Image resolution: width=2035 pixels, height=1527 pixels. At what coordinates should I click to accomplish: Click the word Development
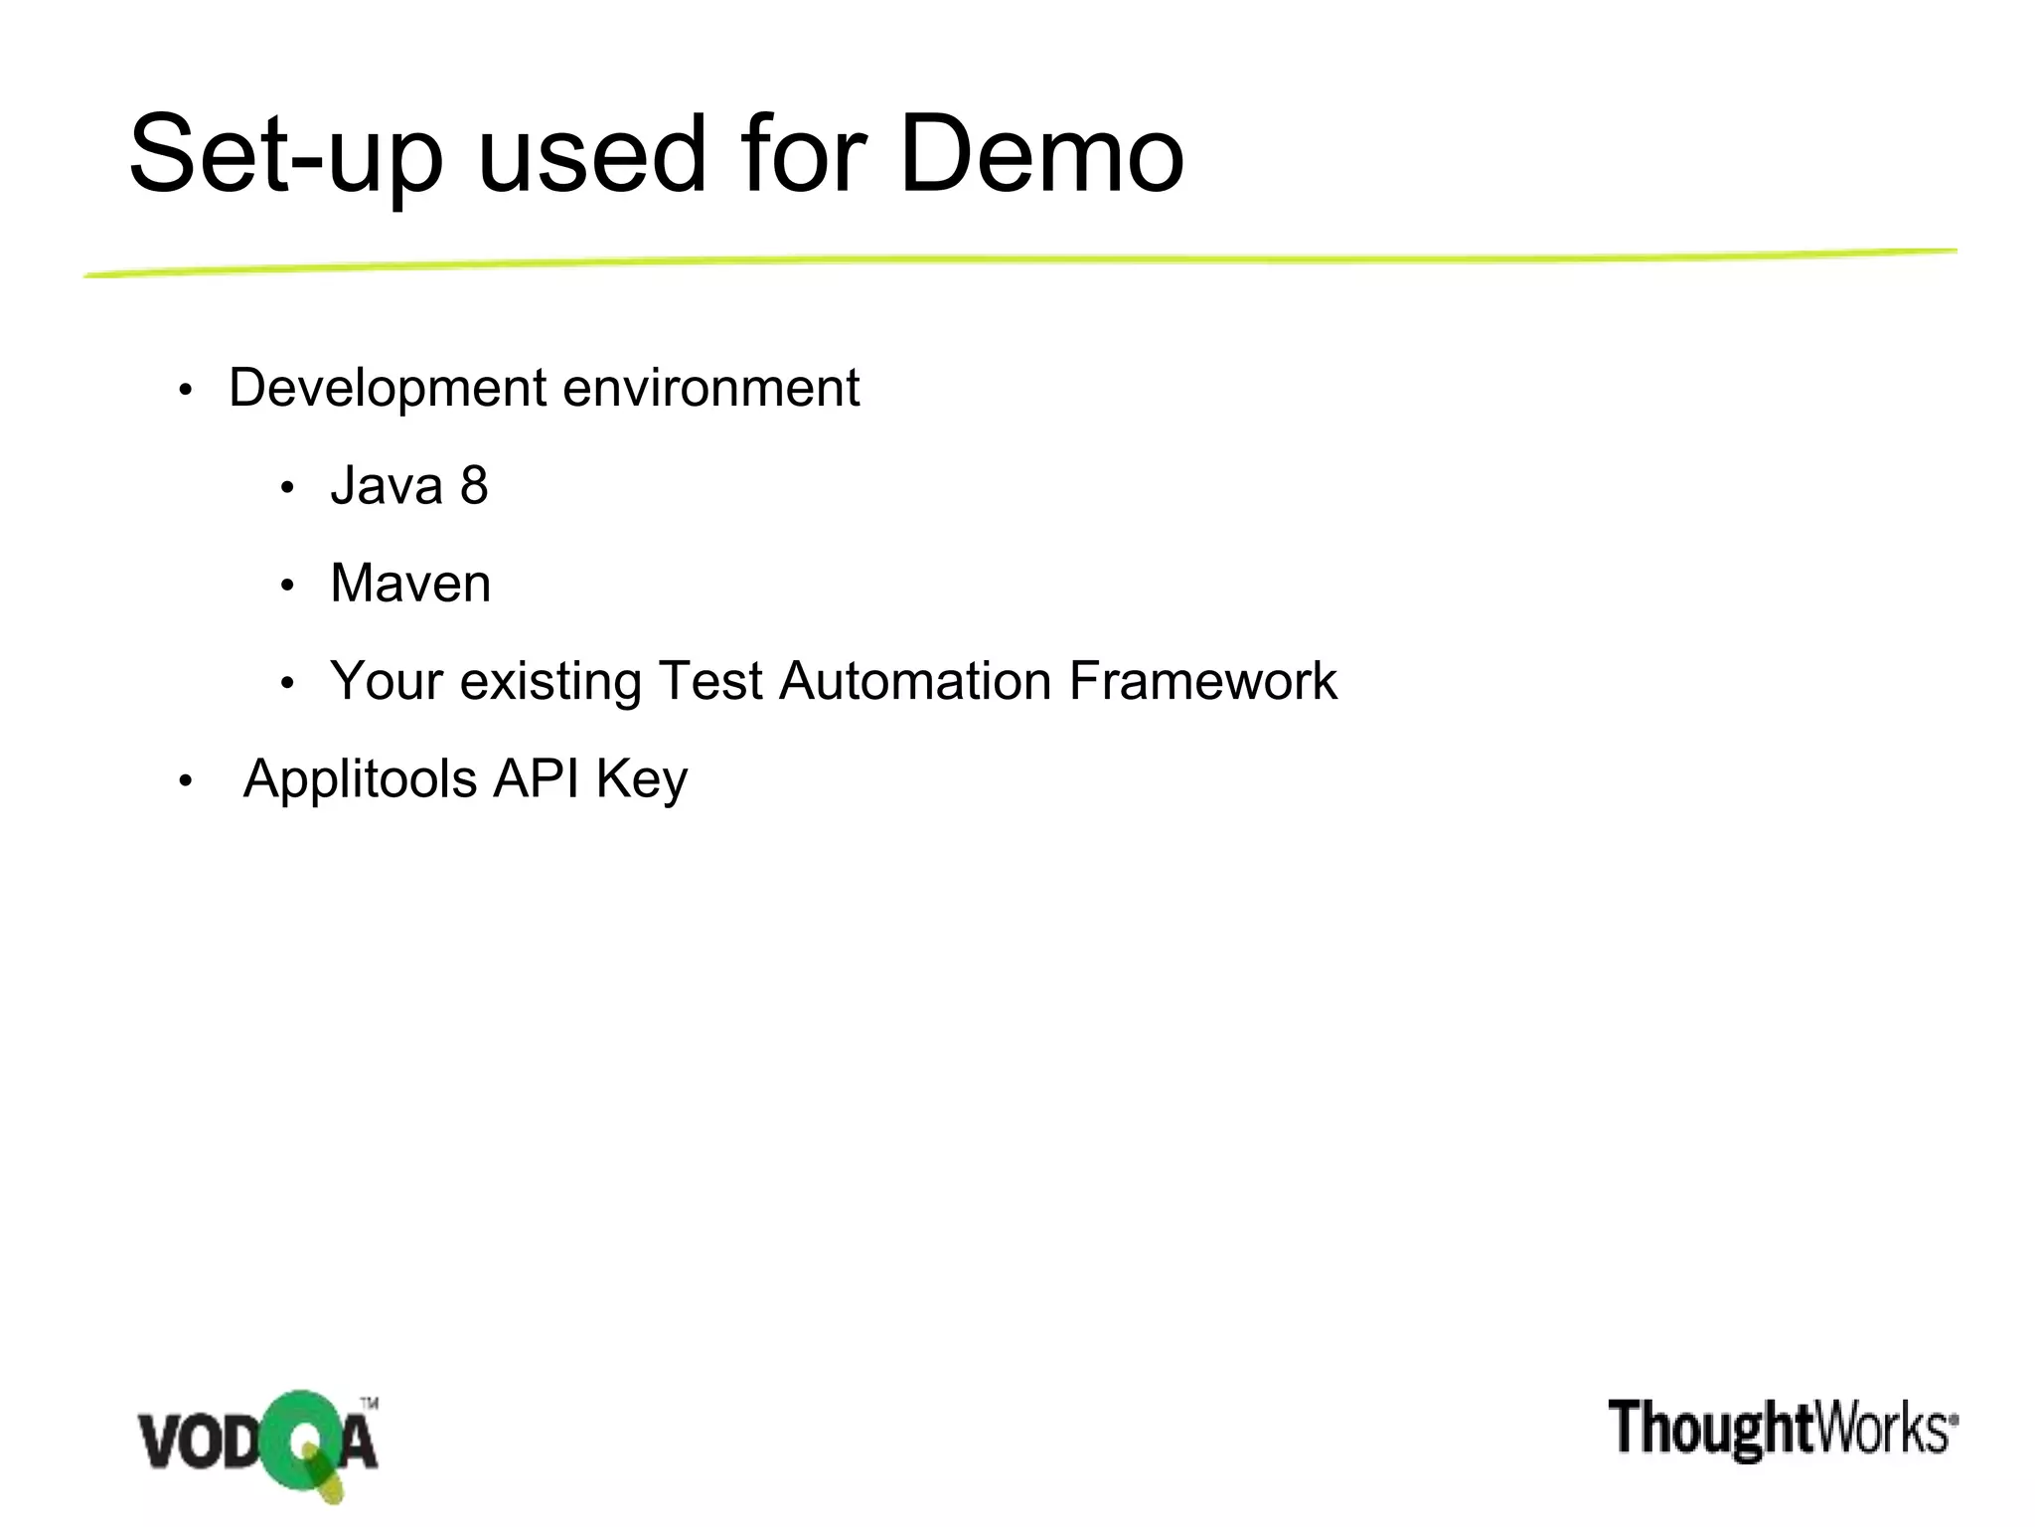(388, 389)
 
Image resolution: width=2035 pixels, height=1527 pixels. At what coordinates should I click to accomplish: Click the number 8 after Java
(474, 486)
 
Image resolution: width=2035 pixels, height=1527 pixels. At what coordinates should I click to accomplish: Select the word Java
(387, 486)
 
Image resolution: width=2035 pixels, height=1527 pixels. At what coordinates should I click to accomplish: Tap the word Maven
(410, 584)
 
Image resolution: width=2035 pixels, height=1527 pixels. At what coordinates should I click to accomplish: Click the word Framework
(1202, 681)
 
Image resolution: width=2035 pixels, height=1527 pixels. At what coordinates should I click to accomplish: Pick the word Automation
(915, 681)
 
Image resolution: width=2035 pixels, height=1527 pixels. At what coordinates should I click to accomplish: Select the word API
(537, 778)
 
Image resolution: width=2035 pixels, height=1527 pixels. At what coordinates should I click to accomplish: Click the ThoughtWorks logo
(1783, 1429)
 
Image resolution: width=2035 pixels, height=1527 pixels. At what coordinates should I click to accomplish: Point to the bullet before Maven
(287, 587)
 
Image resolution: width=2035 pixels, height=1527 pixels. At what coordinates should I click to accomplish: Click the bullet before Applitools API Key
(185, 782)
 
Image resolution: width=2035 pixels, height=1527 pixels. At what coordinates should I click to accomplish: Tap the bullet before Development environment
(185, 392)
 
